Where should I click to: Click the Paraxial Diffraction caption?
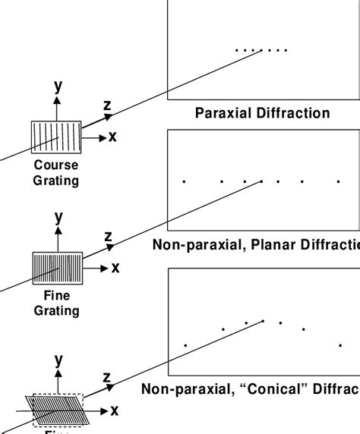[262, 114]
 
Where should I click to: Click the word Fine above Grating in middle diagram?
[56, 297]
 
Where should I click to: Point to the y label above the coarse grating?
[58, 86]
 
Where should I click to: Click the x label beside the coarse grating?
[112, 137]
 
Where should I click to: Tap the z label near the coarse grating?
[108, 106]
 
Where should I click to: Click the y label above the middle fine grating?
[58, 218]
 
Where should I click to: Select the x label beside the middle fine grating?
[115, 267]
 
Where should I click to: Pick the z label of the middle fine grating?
[108, 237]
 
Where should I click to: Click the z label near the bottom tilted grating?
[107, 378]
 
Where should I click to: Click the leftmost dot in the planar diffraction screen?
[184, 181]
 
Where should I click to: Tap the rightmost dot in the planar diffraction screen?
[339, 181]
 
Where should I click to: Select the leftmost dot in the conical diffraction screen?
[185, 345]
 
